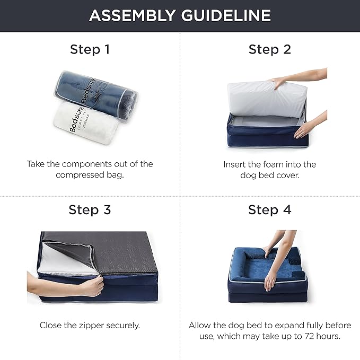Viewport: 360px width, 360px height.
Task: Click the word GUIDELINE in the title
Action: point(225,15)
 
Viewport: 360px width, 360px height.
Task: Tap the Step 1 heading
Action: point(90,50)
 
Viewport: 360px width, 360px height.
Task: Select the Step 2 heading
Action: point(270,50)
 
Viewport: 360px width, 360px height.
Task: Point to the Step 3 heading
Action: point(90,209)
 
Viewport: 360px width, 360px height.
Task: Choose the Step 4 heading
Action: point(270,209)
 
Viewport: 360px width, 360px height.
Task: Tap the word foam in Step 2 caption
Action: point(283,164)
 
